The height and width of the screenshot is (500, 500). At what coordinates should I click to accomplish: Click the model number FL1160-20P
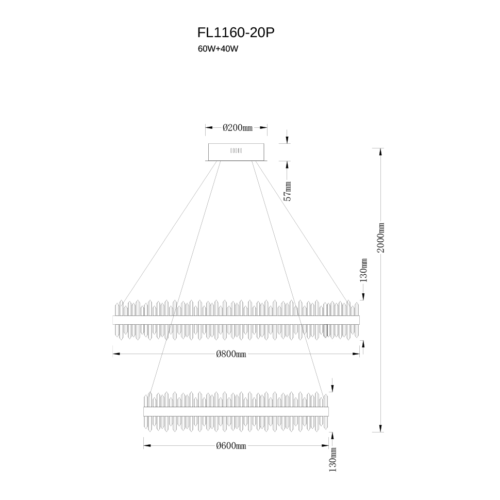point(236,32)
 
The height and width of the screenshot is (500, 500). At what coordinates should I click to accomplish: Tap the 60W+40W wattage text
point(218,49)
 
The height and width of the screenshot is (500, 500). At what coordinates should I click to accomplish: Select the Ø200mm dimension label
point(237,128)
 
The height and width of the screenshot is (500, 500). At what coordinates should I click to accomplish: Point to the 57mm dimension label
point(288,191)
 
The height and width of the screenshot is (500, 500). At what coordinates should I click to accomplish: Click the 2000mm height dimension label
point(381,238)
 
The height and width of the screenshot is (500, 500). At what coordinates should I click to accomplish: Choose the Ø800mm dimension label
point(231,354)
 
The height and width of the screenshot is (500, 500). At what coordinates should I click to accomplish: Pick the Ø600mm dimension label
point(231,446)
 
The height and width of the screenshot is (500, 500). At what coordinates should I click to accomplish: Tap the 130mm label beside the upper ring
point(363,271)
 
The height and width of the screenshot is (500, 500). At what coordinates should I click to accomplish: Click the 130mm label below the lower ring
point(332,459)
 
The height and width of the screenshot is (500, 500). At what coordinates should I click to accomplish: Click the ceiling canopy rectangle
point(236,152)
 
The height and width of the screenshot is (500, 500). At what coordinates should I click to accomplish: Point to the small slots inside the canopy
point(236,151)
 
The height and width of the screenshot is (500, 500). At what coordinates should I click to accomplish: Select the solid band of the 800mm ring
point(236,320)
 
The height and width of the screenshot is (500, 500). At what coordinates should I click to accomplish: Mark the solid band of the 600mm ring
point(236,412)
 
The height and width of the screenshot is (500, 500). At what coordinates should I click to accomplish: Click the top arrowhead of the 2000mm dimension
point(380,152)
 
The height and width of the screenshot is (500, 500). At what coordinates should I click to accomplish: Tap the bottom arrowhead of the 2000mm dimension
point(380,428)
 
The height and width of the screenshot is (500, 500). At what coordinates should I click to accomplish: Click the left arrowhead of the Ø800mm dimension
point(116,354)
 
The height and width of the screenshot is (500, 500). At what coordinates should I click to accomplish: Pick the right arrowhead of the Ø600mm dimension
point(325,446)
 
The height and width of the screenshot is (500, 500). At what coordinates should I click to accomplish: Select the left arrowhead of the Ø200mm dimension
point(209,128)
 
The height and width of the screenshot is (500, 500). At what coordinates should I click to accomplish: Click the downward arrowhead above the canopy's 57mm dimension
point(287,140)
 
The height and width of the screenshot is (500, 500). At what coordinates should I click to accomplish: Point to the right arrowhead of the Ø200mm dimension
point(263,128)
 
